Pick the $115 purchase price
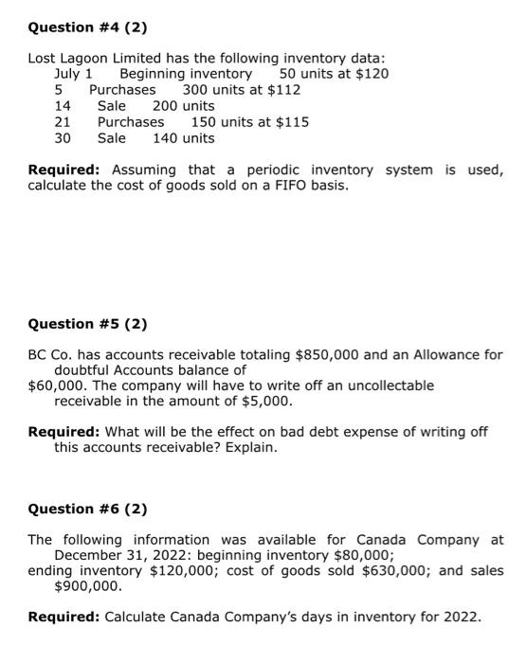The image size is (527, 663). pos(291,122)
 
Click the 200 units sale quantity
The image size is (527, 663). pos(184,106)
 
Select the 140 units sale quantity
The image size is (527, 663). pos(184,138)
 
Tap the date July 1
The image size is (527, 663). pos(74,74)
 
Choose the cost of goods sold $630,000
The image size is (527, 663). pos(383,571)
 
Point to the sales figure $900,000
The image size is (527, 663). pos(88,587)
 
